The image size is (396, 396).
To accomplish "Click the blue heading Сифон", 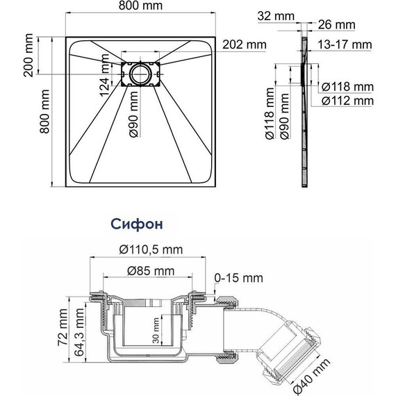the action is click(x=137, y=224).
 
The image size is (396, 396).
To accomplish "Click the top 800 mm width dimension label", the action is click(x=140, y=6).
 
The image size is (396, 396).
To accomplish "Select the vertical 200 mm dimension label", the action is click(x=28, y=55).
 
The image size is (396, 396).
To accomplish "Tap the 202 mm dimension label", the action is click(x=245, y=44).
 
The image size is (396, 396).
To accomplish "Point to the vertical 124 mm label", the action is click(x=104, y=75).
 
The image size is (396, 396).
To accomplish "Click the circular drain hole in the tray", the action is click(x=140, y=74).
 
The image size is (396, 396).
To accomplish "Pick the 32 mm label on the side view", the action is click(x=276, y=16).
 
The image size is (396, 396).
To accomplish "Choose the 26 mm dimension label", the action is click(x=336, y=25).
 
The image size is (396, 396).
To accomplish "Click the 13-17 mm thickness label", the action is click(x=345, y=44).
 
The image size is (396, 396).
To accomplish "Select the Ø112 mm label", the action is click(x=347, y=101).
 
